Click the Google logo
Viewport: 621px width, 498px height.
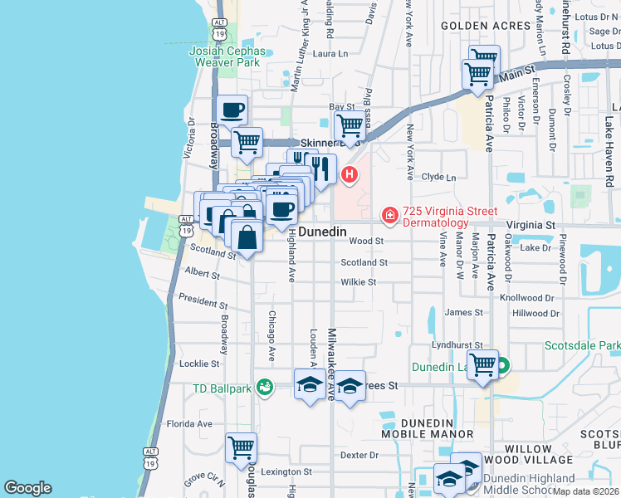coord(27,488)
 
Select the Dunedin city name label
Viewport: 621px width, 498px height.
coord(322,232)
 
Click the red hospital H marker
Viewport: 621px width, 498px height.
coord(350,174)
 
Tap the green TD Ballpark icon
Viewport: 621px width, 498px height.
coord(265,386)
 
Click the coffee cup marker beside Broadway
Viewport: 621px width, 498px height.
coord(232,110)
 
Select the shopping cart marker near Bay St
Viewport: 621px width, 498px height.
coord(350,127)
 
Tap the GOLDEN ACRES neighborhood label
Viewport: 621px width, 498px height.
coord(486,26)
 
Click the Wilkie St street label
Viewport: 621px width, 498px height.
coord(359,282)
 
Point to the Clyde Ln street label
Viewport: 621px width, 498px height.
coord(439,178)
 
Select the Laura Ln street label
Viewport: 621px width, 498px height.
coord(330,54)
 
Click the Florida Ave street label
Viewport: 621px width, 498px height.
coord(189,423)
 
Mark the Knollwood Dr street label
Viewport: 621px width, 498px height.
coord(526,297)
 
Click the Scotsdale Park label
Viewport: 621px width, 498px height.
coord(582,345)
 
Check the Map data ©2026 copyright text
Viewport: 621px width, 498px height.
coord(584,491)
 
